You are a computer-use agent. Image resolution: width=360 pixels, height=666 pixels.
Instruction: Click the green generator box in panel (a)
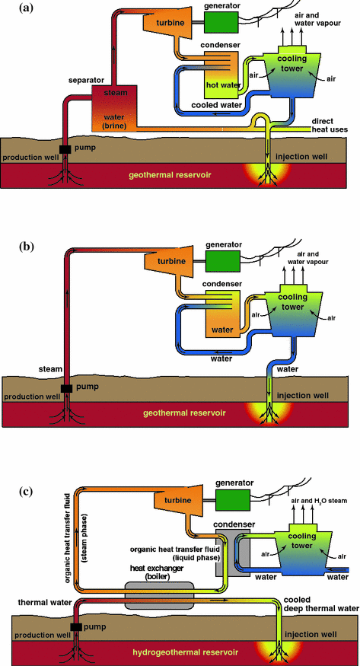click(219, 24)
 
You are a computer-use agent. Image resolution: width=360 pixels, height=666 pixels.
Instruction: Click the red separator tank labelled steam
click(113, 106)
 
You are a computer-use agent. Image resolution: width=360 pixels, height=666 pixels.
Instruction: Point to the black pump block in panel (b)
click(67, 388)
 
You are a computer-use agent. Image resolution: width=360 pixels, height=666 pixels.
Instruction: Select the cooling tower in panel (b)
click(296, 307)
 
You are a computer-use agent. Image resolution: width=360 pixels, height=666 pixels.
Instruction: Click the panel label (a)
click(12, 9)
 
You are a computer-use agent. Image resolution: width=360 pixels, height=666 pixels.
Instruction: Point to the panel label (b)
click(12, 247)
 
